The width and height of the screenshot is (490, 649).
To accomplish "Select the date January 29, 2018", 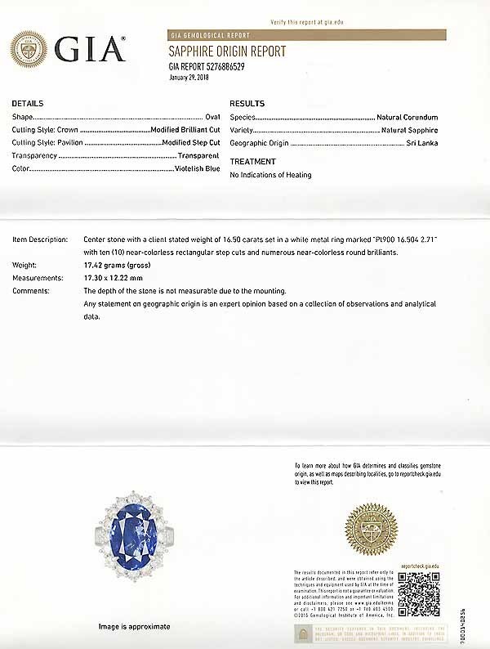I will (x=189, y=77).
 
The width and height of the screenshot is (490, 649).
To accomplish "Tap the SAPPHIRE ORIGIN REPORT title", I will (x=227, y=51).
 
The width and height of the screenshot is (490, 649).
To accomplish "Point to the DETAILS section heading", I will (x=28, y=104).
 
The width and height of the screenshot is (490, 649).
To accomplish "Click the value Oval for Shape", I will (x=212, y=118).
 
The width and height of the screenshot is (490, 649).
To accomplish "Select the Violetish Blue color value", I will (x=197, y=168).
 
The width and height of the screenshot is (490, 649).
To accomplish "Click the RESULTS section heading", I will (x=247, y=104).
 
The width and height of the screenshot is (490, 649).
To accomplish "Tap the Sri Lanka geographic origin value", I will (x=421, y=143).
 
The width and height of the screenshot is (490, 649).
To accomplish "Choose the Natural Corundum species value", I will (x=407, y=118).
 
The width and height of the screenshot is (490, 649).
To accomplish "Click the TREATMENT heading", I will (x=252, y=162).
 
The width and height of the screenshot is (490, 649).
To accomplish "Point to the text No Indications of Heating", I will (x=270, y=175).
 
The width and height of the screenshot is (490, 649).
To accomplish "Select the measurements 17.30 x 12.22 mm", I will (x=117, y=278).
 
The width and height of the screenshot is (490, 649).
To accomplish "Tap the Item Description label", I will (x=40, y=240).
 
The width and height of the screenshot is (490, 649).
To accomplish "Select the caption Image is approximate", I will (x=135, y=626).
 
